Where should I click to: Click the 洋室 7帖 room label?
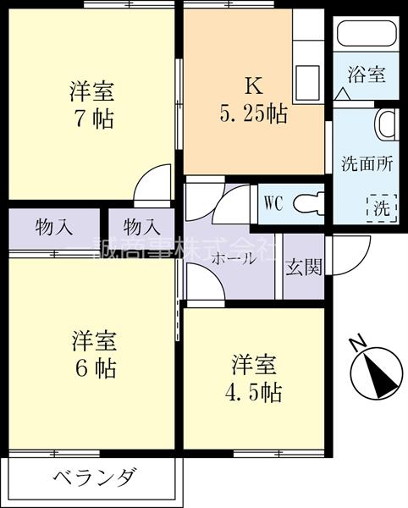[92, 102]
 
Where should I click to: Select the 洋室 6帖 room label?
[92, 355]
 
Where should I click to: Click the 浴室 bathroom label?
[367, 74]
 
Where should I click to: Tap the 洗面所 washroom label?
[367, 163]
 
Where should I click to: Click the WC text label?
[273, 203]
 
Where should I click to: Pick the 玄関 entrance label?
[303, 267]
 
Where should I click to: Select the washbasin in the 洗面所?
[385, 124]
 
